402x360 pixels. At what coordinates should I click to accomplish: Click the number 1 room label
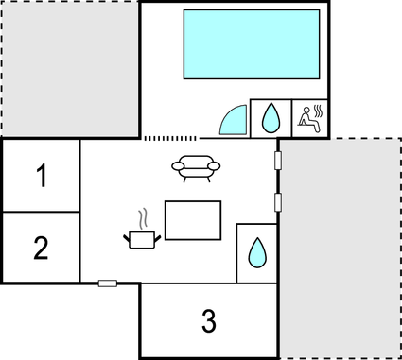(41, 176)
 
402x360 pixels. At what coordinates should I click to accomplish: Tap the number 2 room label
(41, 248)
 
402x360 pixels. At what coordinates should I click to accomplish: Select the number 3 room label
(209, 320)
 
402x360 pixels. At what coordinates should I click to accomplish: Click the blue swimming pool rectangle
(251, 44)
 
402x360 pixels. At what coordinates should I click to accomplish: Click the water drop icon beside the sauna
(271, 117)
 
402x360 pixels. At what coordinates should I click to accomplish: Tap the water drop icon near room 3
(256, 252)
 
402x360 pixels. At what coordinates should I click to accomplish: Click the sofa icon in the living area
(196, 166)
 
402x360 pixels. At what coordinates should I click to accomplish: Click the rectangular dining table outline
(193, 220)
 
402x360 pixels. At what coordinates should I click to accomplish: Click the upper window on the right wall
(278, 160)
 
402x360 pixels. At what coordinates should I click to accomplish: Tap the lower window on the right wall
(278, 201)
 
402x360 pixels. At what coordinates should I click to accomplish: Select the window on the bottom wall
(108, 283)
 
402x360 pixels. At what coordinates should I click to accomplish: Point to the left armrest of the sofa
(177, 166)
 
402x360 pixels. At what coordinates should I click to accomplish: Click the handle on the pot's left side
(127, 236)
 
